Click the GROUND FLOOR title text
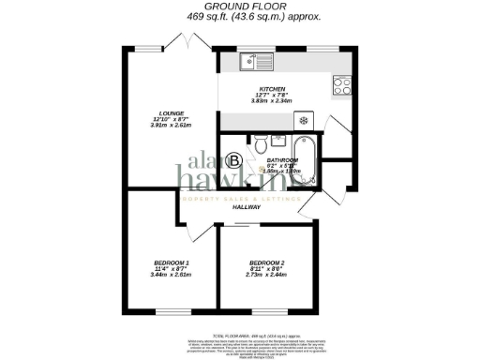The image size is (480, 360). [239, 6]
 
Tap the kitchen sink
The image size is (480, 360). [251, 62]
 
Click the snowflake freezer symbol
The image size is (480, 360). [305, 121]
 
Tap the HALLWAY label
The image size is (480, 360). [247, 208]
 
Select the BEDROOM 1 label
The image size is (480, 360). [172, 262]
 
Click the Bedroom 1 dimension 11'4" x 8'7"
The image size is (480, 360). [172, 269]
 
